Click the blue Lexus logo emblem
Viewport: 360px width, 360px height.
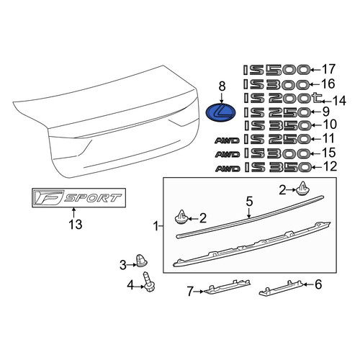(221, 112)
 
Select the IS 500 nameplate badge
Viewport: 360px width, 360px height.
(276, 70)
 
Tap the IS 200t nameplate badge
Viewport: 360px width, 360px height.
(282, 98)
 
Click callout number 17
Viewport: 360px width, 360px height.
(328, 69)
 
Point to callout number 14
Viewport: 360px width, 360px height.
(339, 101)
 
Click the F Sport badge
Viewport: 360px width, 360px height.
(78, 198)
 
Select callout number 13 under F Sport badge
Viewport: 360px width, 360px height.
(76, 225)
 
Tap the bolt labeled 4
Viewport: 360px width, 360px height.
(148, 282)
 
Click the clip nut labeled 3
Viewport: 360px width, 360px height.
(142, 260)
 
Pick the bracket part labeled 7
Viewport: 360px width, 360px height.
(227, 286)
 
